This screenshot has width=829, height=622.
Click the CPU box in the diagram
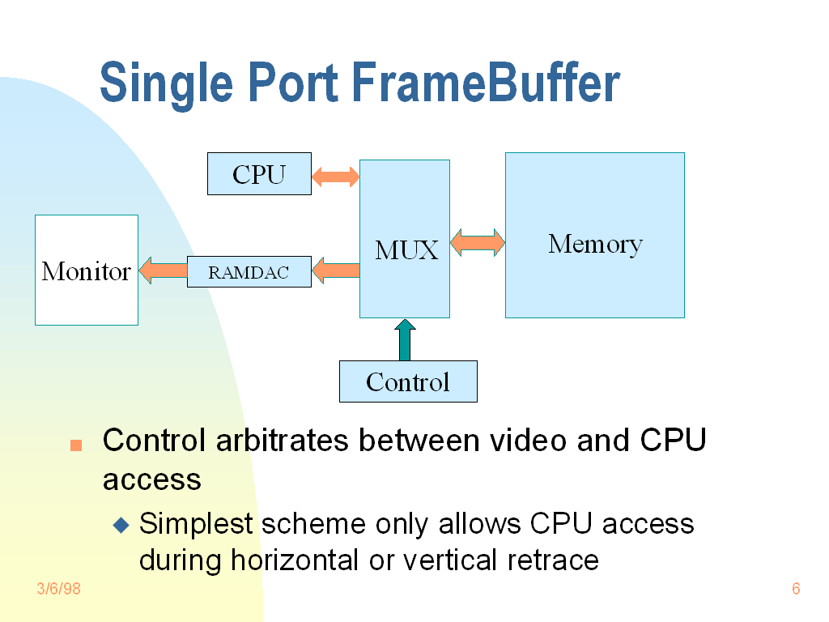click(x=259, y=174)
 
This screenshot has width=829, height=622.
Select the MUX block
click(x=405, y=239)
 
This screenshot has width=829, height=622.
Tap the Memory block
click(x=595, y=235)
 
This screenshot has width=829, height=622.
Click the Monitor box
click(x=87, y=270)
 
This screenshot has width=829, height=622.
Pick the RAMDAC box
click(x=249, y=272)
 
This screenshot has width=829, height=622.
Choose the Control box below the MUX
click(x=408, y=381)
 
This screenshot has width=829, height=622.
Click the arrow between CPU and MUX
click(x=335, y=176)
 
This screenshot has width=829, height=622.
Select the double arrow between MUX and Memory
click(x=478, y=242)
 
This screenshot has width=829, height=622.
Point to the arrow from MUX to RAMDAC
click(x=335, y=271)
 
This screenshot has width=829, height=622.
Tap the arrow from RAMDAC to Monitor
click(x=163, y=271)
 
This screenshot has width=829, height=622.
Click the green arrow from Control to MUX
click(x=405, y=339)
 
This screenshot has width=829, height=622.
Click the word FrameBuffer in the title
click(x=486, y=83)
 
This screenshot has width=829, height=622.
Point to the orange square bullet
click(x=76, y=445)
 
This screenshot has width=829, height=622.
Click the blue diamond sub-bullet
click(x=121, y=525)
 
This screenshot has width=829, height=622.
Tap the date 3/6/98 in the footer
click(x=59, y=589)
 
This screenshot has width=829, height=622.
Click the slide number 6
click(x=796, y=589)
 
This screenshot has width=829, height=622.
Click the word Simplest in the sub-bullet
click(x=197, y=524)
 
